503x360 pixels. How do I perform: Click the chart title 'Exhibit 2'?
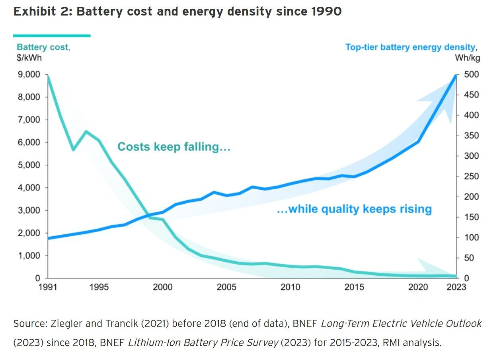177,12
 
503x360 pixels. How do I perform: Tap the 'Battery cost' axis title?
43,47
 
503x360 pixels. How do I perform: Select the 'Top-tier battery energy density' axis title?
410,47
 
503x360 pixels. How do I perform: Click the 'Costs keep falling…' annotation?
174,147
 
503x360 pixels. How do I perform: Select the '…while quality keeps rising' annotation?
354,209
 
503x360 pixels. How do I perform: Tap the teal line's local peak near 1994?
86,131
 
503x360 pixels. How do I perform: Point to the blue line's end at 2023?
456,75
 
